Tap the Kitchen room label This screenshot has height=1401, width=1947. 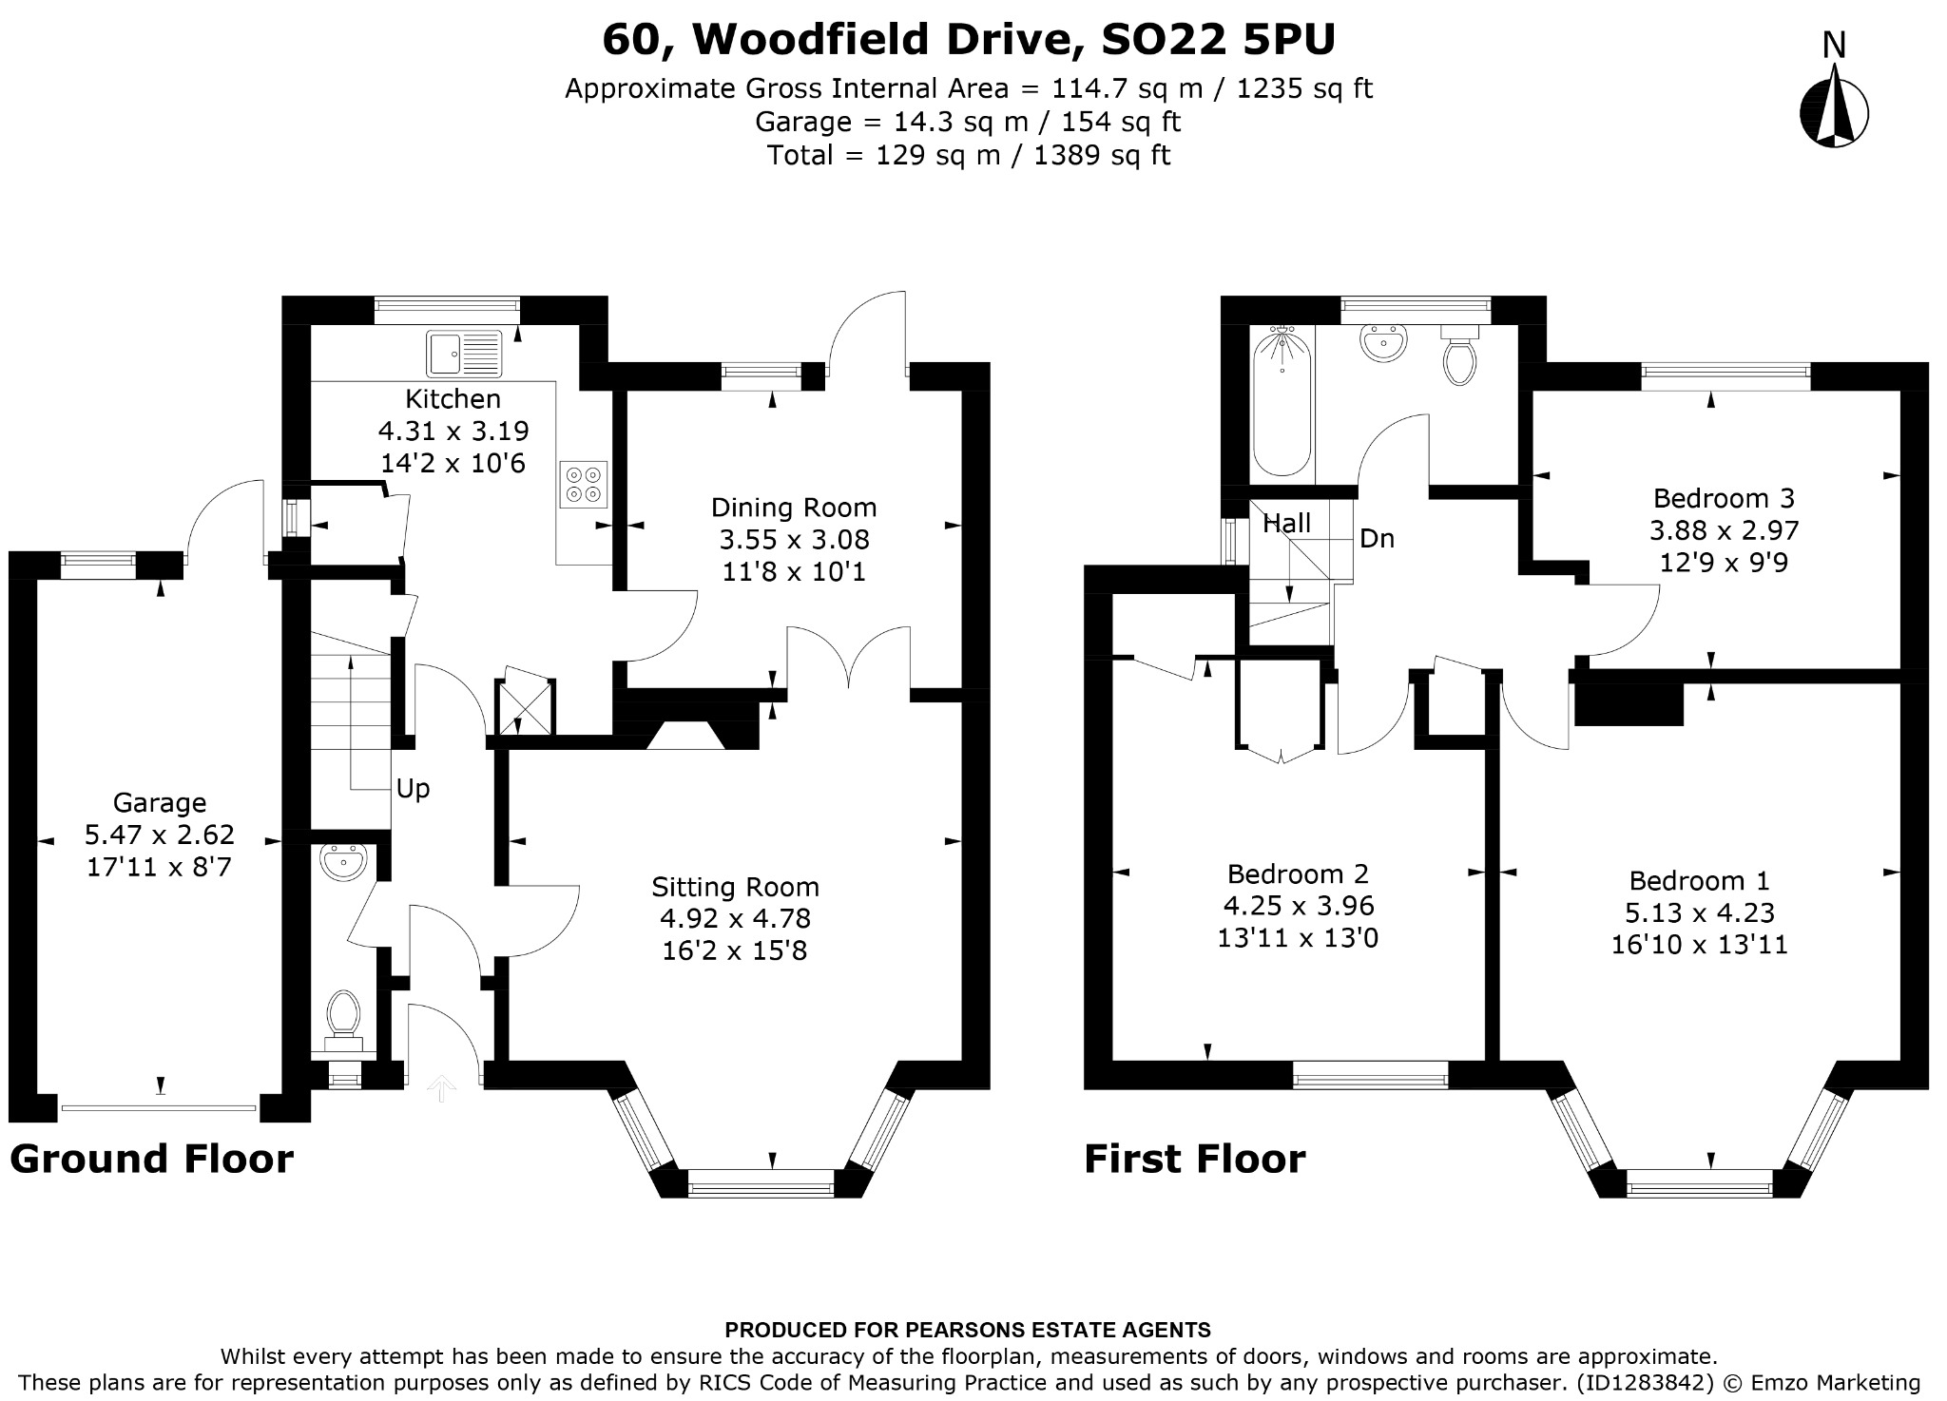pyautogui.click(x=453, y=398)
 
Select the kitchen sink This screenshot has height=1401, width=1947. pyautogui.click(x=464, y=353)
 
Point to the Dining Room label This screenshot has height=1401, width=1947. pyautogui.click(x=794, y=508)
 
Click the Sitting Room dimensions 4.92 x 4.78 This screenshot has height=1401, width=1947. pyautogui.click(x=735, y=918)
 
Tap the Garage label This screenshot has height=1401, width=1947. pyautogui.click(x=160, y=804)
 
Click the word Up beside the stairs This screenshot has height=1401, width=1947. pyautogui.click(x=413, y=789)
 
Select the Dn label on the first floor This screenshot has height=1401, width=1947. pyautogui.click(x=1377, y=539)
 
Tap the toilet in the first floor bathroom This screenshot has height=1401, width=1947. pyautogui.click(x=1458, y=354)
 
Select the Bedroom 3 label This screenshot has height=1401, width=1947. pyautogui.click(x=1724, y=498)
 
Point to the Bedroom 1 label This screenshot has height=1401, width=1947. pyautogui.click(x=1699, y=881)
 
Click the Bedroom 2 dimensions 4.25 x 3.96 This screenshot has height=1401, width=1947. pyautogui.click(x=1298, y=906)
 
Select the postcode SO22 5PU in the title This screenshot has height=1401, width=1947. pyautogui.click(x=1218, y=40)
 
